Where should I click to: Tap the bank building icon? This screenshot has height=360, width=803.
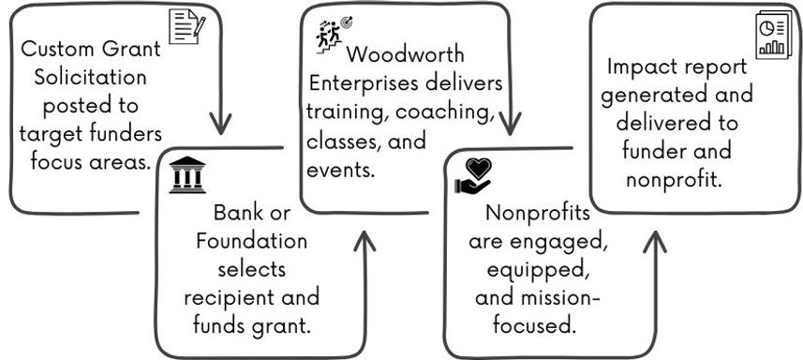(187, 174)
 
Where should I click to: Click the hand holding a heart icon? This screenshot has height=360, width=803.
(473, 176)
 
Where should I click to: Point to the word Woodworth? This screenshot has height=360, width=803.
(404, 55)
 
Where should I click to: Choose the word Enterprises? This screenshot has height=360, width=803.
(366, 83)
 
